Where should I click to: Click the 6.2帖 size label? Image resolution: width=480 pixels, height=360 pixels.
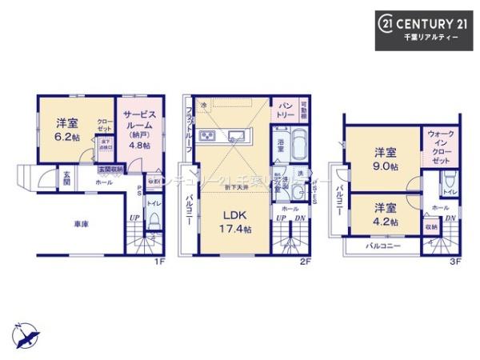tap(66, 137)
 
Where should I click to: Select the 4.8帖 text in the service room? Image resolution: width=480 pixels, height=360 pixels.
tap(137, 146)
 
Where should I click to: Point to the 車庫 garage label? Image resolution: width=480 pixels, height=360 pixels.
tap(78, 224)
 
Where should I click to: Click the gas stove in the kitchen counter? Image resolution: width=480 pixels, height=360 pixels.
tap(206, 134)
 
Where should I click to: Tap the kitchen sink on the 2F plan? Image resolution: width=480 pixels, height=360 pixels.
tap(237, 134)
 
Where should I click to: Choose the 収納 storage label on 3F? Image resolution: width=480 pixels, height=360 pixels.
tap(432, 227)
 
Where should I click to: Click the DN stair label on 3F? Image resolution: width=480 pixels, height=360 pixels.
tap(451, 218)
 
